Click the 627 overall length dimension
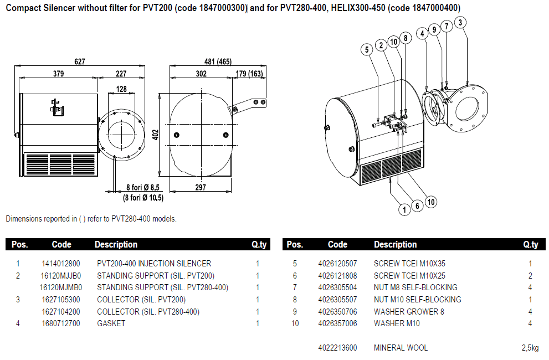point(80,61)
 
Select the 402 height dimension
point(156,134)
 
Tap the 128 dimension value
point(121,89)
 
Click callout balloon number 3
point(461,23)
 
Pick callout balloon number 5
point(366,49)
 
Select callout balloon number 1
point(406,209)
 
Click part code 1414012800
point(61,264)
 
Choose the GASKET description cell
point(111,323)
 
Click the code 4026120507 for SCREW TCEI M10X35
point(337,264)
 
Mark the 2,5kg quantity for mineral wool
point(530,348)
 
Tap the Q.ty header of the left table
point(259,244)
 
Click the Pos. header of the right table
point(295,244)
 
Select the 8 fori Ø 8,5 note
point(143,188)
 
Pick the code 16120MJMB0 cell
point(61,287)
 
